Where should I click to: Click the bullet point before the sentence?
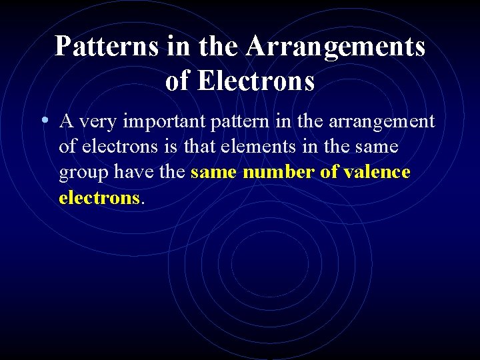(x=43, y=122)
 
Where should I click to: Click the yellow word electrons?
(x=99, y=198)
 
